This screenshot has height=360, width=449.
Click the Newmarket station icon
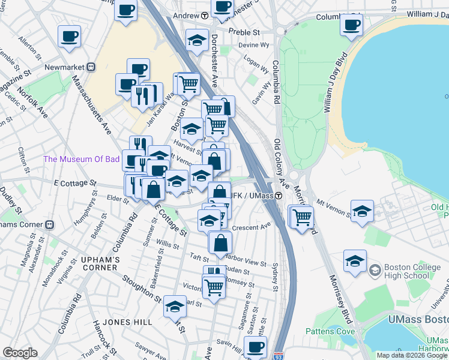pos(92,67)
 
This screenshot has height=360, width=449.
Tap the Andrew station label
pos(185,15)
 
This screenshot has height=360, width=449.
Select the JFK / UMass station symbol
pos(279,196)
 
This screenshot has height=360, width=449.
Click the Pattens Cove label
pos(327,331)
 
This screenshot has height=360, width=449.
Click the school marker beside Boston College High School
pos(355,262)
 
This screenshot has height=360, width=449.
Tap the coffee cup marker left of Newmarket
pos(69,36)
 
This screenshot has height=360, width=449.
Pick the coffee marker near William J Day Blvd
pos(351,25)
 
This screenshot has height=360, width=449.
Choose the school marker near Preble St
pos(196,40)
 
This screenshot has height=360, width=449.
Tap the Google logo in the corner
pos(20,352)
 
